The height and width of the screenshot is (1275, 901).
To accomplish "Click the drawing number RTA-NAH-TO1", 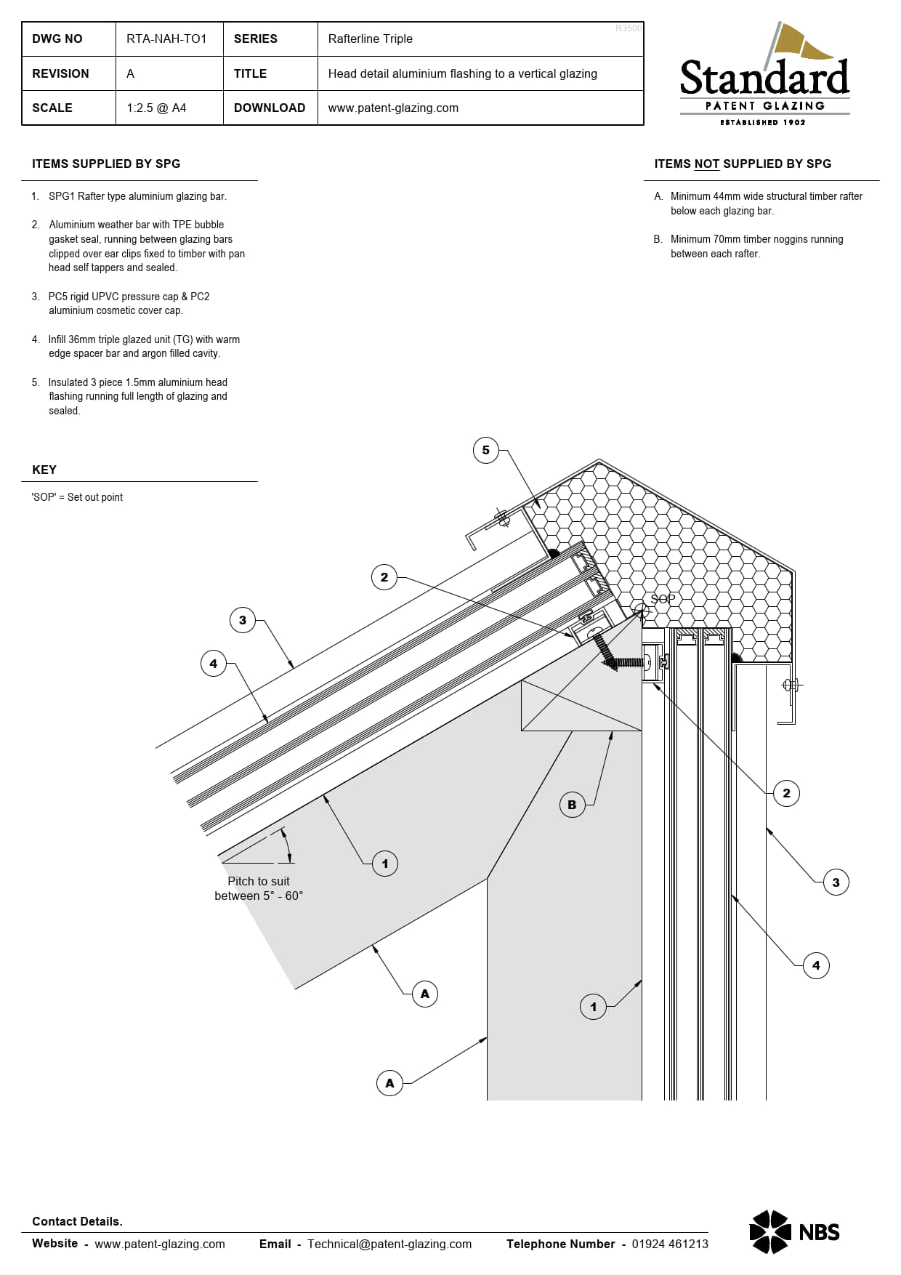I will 166,39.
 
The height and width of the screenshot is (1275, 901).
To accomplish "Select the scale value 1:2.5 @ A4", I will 156,108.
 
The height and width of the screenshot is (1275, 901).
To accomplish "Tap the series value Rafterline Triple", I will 370,39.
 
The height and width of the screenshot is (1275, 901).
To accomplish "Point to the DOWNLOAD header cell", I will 270,108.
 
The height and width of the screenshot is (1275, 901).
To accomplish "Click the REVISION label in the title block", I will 60,73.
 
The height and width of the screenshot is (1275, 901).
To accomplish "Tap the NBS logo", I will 794,1231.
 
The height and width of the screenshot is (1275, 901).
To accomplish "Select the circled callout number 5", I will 486,450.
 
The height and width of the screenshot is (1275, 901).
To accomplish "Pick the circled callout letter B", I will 572,805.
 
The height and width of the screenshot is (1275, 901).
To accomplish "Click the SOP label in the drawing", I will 663,599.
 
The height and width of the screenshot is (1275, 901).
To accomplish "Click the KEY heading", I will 44,470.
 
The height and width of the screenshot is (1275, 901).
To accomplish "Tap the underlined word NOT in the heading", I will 706,164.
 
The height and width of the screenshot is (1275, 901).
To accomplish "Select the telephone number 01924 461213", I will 669,1244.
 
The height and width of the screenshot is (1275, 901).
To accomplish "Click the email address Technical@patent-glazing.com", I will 389,1244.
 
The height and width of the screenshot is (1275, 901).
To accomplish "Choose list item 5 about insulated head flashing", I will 137,396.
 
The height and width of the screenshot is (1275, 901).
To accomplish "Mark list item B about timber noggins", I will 756,246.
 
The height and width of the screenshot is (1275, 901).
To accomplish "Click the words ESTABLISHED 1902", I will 763,122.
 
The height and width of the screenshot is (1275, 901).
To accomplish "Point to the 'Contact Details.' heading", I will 77,1221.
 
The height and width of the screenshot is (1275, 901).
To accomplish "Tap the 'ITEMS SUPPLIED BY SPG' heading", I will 106,164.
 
